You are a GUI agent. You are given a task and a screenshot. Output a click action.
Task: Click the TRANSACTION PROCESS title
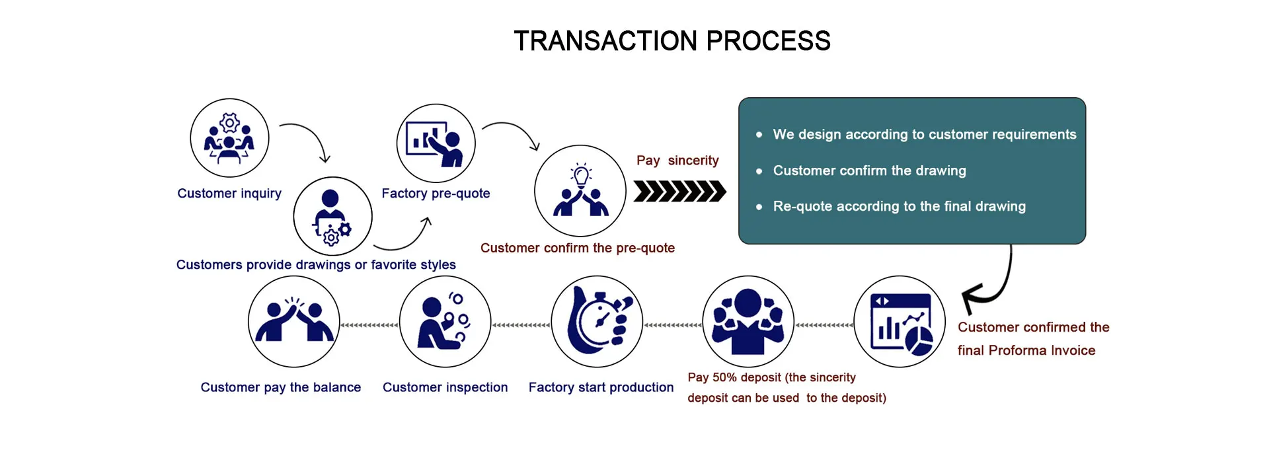coord(672,41)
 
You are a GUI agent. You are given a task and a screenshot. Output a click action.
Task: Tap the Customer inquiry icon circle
coord(229,138)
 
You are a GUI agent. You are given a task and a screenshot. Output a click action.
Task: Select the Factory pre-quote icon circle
coord(436,143)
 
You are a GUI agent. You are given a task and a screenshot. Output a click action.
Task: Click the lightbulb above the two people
coord(581,175)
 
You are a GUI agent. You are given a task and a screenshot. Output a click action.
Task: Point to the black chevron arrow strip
coord(679,191)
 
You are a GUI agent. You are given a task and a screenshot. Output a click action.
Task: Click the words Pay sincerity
coord(677,161)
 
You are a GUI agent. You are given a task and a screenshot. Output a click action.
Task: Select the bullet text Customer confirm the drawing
coord(869,170)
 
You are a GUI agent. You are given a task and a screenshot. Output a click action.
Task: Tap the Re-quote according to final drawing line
coord(899,206)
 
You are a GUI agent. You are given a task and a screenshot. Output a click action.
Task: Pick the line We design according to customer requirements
coord(924,134)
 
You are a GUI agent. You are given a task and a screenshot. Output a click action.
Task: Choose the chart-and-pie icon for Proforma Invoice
coord(900,322)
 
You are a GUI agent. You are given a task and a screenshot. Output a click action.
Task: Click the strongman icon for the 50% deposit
coord(748,322)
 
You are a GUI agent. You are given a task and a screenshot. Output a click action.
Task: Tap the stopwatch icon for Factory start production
coord(597,322)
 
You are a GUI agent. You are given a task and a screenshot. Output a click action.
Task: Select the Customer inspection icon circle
coord(445,322)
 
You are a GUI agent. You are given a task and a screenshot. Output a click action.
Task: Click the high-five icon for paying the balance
coord(293,322)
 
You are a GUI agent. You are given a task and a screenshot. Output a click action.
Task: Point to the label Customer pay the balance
coord(280,387)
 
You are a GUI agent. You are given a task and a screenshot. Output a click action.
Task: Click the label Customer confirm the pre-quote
coord(577,248)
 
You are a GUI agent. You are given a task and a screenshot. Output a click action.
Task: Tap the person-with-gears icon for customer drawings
coord(332,216)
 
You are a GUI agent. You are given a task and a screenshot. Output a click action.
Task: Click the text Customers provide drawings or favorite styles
coord(315,265)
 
